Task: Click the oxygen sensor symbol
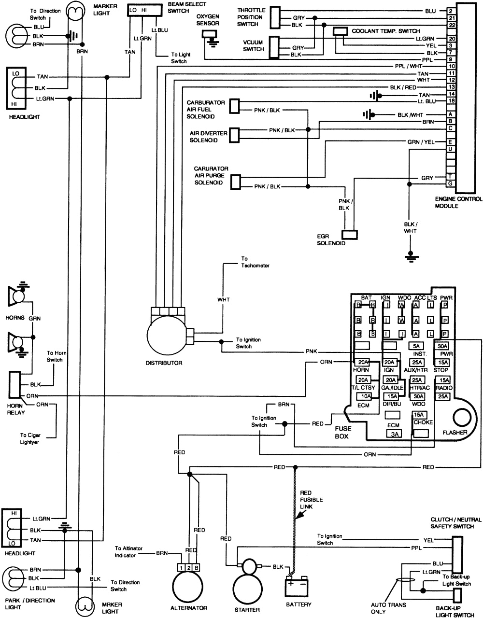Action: click(209, 34)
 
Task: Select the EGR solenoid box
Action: click(350, 234)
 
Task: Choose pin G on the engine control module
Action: click(450, 183)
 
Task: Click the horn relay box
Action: click(14, 389)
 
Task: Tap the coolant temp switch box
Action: click(341, 31)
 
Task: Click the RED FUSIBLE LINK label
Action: click(311, 500)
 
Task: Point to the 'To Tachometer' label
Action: click(255, 262)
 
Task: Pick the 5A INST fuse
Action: click(416, 346)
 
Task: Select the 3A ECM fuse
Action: click(393, 434)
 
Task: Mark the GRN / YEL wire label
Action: click(421, 141)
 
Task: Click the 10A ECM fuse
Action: click(364, 397)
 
